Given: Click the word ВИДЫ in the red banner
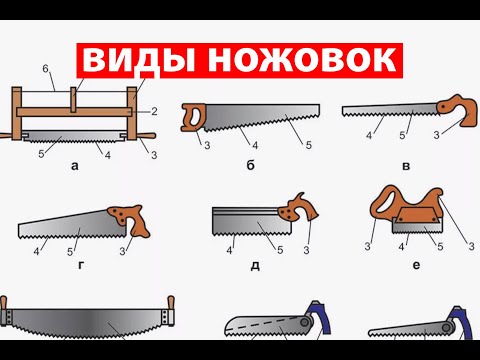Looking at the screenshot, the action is (138, 60).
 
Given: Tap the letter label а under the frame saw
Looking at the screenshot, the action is (75, 166).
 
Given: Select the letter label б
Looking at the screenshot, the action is (251, 165).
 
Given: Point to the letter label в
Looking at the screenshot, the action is (406, 166).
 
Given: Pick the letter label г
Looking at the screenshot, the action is (81, 265).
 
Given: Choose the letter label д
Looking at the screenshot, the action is (255, 266).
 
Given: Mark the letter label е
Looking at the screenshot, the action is (416, 265).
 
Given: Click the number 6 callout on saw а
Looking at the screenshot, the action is (45, 69).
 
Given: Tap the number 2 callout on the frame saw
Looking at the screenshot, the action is (154, 111).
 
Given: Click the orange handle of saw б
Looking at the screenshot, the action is (193, 117).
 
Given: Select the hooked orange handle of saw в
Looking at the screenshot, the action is (459, 109).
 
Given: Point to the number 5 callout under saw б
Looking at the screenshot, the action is (309, 145).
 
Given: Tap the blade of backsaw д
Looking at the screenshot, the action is (252, 221).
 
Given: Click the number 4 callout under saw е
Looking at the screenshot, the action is (401, 247).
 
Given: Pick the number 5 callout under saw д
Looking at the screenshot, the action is (280, 250).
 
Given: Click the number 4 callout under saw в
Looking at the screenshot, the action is (369, 136).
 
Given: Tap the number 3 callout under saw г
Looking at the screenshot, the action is (122, 251).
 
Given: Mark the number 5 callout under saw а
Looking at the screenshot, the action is (41, 154).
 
